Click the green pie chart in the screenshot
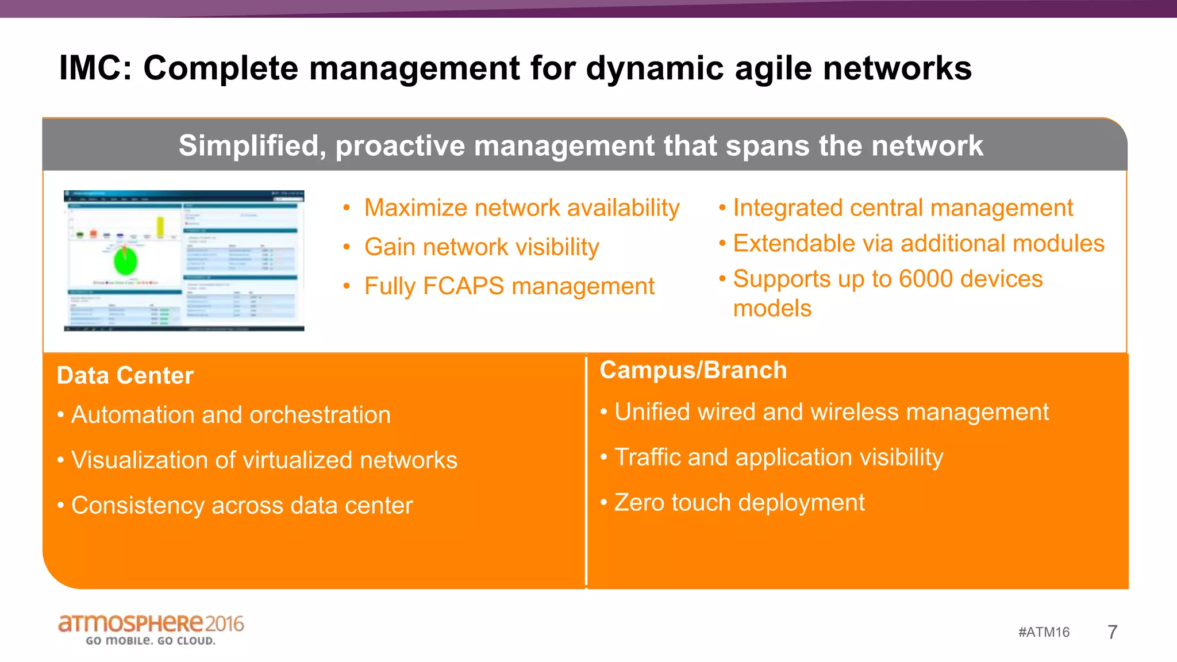[x=125, y=261]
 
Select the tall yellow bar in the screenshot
[x=160, y=226]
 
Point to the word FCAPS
[x=463, y=286]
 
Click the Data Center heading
[x=125, y=375]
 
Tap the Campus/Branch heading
[x=693, y=370]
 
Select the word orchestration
[x=320, y=415]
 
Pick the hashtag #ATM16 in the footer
[x=1044, y=632]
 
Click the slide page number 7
[x=1112, y=632]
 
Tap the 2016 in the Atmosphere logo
[x=224, y=623]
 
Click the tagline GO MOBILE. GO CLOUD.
[x=151, y=641]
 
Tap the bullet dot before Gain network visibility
[x=347, y=247]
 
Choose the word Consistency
[x=137, y=506]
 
